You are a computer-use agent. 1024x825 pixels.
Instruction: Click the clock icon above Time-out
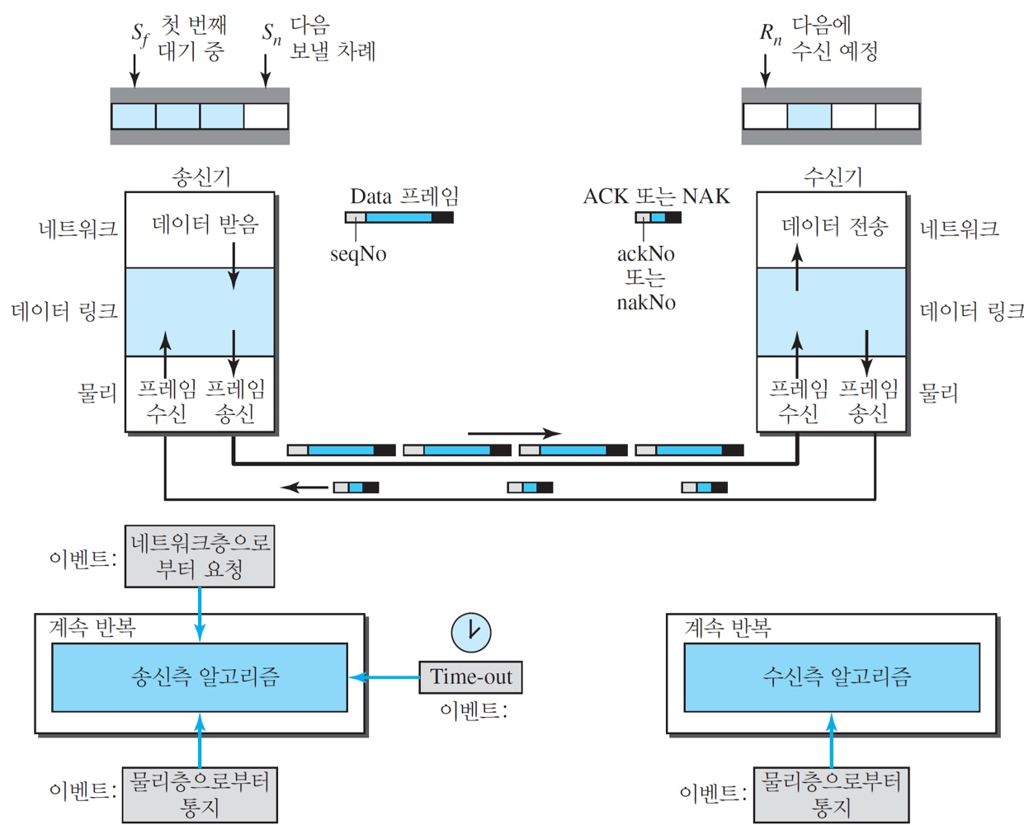pyautogui.click(x=471, y=633)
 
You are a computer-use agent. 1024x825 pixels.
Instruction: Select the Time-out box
pyautogui.click(x=470, y=677)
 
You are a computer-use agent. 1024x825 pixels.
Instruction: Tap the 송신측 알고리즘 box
pyautogui.click(x=200, y=677)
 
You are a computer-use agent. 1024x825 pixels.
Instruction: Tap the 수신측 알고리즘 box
pyautogui.click(x=832, y=677)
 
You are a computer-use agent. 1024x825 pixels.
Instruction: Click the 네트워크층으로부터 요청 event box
pyautogui.click(x=200, y=556)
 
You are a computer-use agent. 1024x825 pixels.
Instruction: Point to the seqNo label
pyautogui.click(x=358, y=254)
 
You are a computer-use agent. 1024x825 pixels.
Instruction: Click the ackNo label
pyautogui.click(x=646, y=254)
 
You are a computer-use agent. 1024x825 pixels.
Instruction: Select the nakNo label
pyautogui.click(x=646, y=303)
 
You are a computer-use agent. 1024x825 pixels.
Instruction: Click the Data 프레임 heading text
pyautogui.click(x=404, y=196)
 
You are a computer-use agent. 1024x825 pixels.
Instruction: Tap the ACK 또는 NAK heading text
pyautogui.click(x=656, y=196)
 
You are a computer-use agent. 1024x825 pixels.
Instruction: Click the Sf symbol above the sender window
pyautogui.click(x=140, y=34)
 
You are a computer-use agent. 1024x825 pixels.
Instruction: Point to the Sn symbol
pyautogui.click(x=271, y=34)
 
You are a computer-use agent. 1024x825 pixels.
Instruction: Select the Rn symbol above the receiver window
pyautogui.click(x=770, y=34)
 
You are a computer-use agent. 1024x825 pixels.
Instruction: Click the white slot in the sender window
pyautogui.click(x=266, y=116)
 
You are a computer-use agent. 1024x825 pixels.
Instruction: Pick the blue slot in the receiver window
pyautogui.click(x=809, y=116)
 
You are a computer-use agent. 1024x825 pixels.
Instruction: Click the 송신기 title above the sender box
pyautogui.click(x=201, y=177)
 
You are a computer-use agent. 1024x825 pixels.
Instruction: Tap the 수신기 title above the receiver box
pyautogui.click(x=832, y=177)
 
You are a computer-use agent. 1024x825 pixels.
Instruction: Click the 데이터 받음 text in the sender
pyautogui.click(x=205, y=224)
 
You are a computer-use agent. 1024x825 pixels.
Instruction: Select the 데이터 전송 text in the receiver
pyautogui.click(x=834, y=226)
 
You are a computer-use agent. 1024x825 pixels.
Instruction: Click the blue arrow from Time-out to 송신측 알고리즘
pyautogui.click(x=385, y=677)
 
